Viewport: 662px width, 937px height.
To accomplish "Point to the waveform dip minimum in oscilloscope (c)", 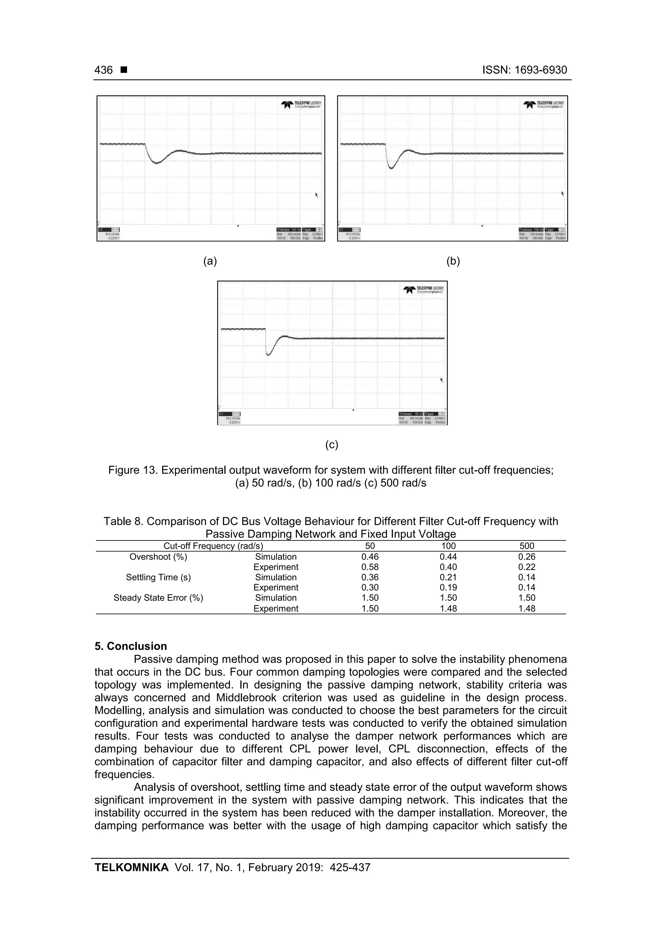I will [x=268, y=354].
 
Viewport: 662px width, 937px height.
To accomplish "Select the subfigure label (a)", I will [x=210, y=261].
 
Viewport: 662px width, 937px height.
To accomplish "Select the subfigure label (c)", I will [x=332, y=444].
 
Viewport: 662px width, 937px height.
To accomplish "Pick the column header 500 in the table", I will [x=527, y=546].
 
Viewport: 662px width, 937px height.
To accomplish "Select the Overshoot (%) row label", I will [x=158, y=557].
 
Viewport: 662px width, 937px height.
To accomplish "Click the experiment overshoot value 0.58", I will [x=369, y=567].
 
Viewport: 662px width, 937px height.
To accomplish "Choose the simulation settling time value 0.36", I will [x=369, y=577].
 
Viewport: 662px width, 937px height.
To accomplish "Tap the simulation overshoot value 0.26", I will [x=527, y=557].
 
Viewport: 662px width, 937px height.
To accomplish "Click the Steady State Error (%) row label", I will [x=158, y=597].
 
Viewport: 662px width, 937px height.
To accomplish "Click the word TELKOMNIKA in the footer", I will [x=131, y=867].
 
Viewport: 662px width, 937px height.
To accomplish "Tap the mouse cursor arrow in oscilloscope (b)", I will [x=562, y=193].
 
